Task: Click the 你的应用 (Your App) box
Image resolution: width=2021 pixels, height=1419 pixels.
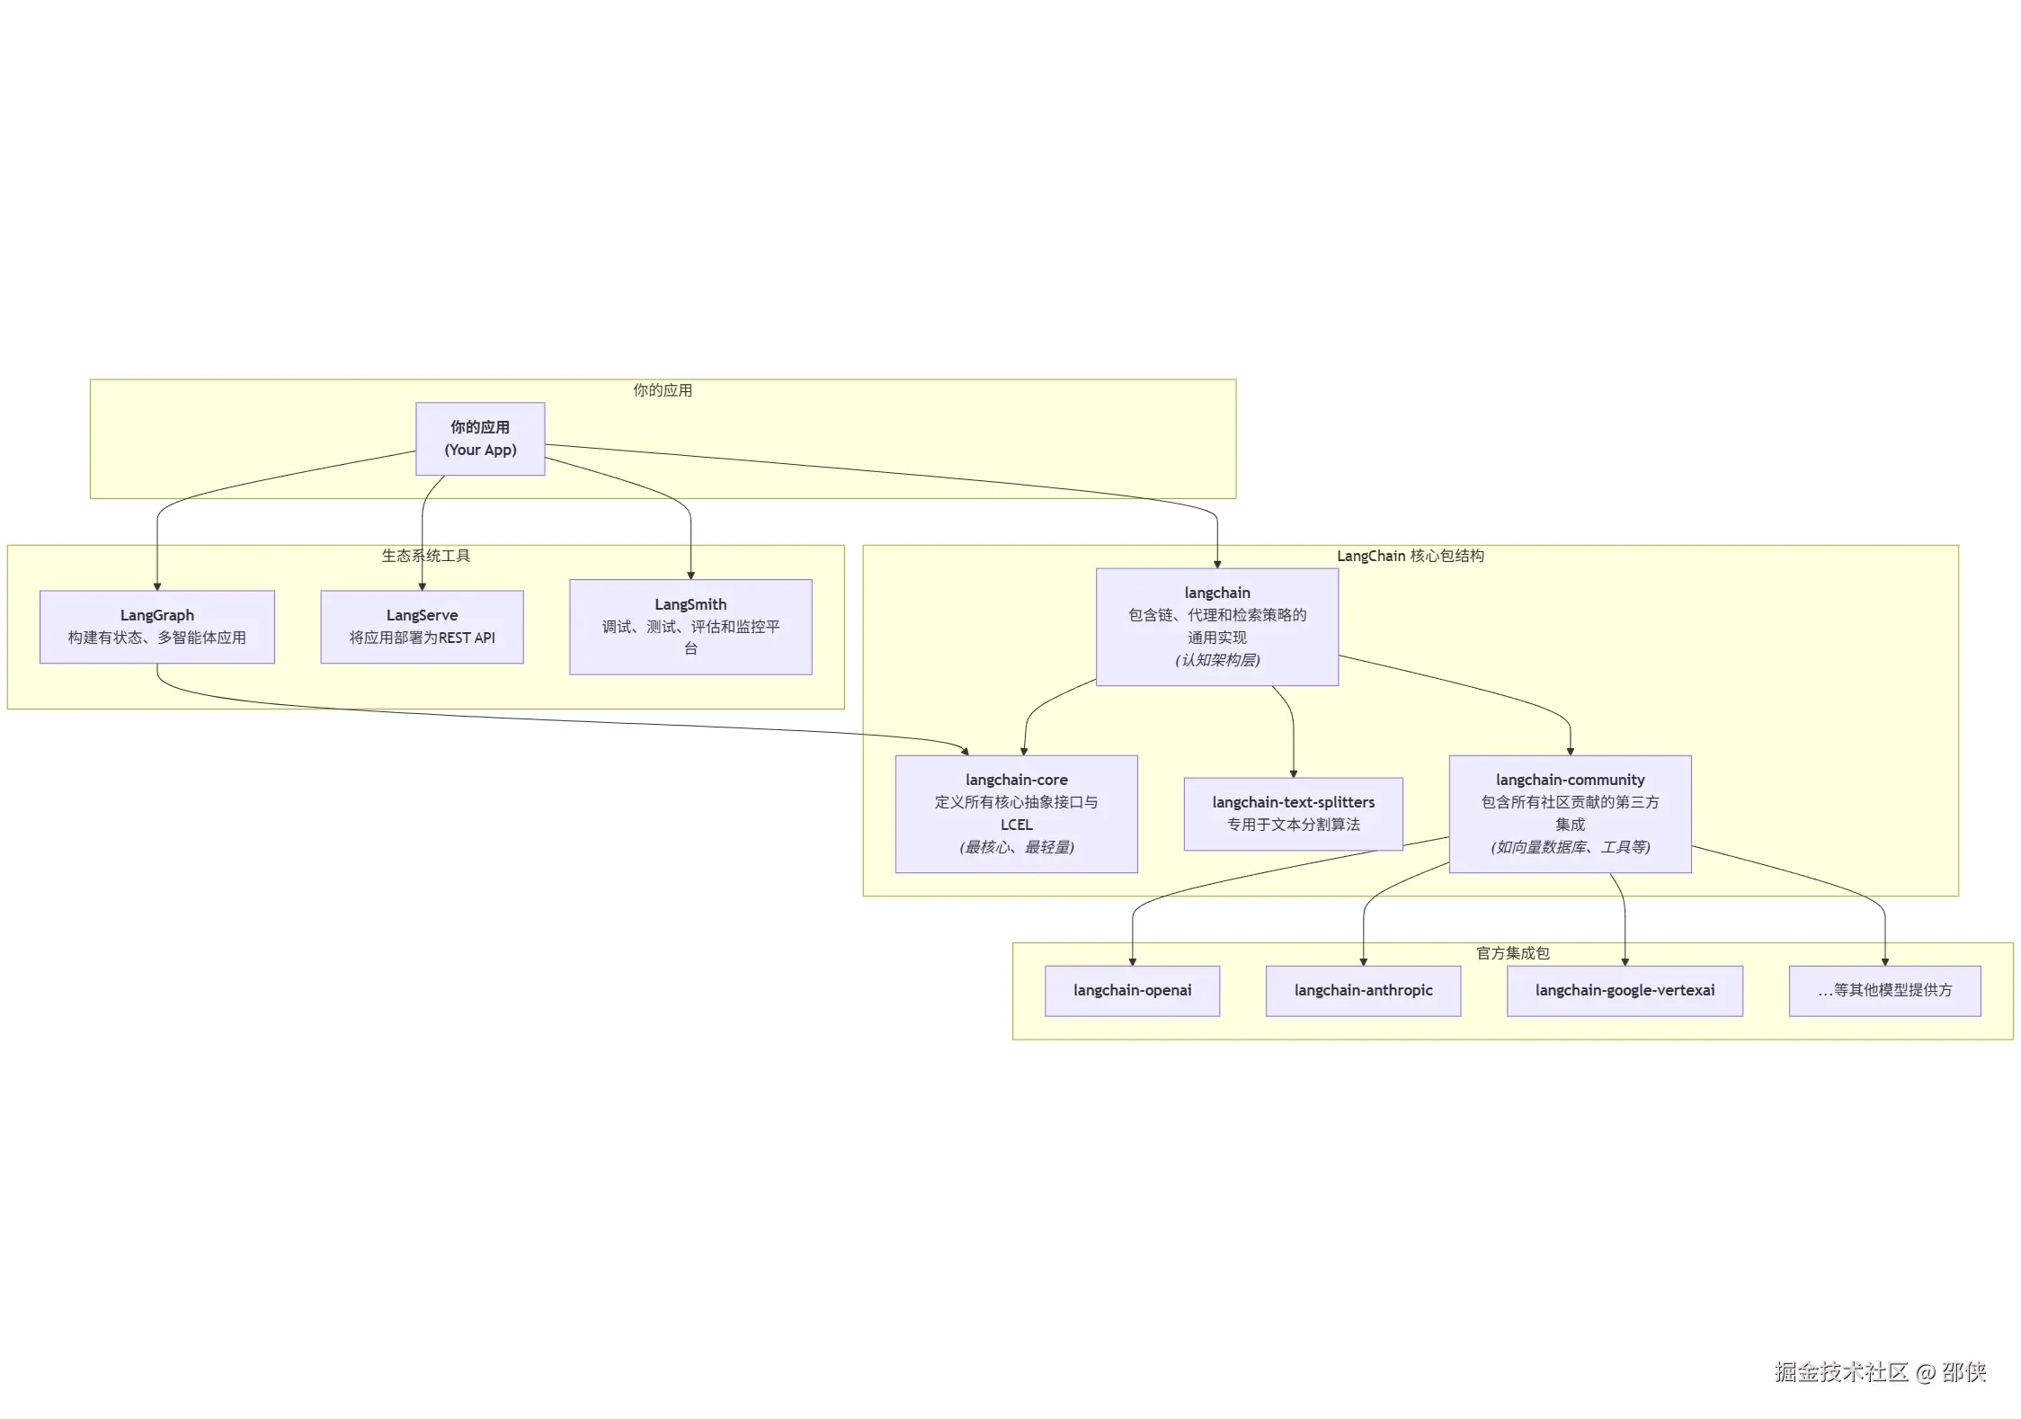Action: tap(480, 439)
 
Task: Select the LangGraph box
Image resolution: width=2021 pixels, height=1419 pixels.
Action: tap(157, 627)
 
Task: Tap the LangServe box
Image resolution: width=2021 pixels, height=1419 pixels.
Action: tap(422, 627)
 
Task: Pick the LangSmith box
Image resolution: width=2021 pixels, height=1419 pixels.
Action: tap(690, 627)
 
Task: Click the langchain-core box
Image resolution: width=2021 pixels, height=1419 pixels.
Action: tap(1016, 814)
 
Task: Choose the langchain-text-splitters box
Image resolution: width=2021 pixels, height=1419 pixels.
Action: tap(1293, 814)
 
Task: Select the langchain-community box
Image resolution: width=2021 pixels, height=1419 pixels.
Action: tap(1570, 814)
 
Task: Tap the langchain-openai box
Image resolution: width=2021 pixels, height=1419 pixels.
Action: tap(1132, 991)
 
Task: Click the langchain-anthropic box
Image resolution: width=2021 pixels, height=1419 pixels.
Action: tap(1363, 991)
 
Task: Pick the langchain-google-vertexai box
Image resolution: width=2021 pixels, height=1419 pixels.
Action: tap(1625, 991)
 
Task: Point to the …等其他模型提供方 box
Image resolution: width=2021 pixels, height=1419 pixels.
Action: tap(1884, 991)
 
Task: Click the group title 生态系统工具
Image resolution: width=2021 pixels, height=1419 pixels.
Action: tap(425, 556)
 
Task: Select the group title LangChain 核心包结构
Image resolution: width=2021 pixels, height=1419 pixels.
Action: tap(1410, 556)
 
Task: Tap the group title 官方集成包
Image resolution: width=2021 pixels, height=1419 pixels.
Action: tap(1512, 953)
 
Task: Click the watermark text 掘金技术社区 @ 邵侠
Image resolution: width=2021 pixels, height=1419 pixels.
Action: tap(1880, 1372)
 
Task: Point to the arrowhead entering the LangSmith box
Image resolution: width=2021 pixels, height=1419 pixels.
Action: tap(690, 576)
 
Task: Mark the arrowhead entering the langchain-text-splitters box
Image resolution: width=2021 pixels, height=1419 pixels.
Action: tap(1294, 773)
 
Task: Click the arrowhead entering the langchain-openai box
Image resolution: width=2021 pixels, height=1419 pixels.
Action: tap(1133, 962)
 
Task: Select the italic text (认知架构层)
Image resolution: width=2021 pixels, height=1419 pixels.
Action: tap(1217, 660)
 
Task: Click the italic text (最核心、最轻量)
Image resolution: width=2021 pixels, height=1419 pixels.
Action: tap(1016, 847)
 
